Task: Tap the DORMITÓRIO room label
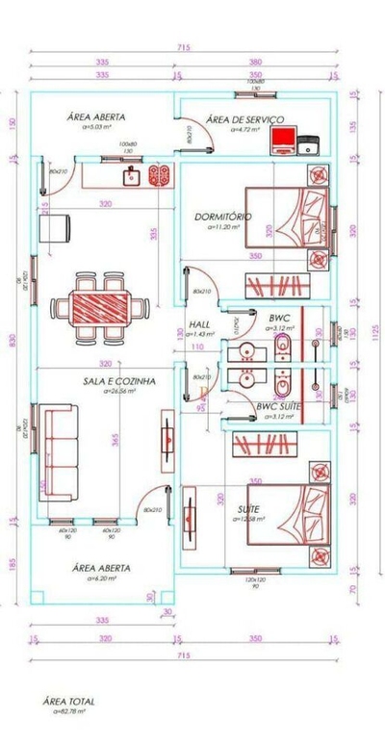222,217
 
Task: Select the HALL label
199,324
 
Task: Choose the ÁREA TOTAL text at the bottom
69,702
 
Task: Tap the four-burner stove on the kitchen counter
159,177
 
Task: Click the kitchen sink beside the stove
133,177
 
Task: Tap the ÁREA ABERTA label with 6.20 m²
101,569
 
